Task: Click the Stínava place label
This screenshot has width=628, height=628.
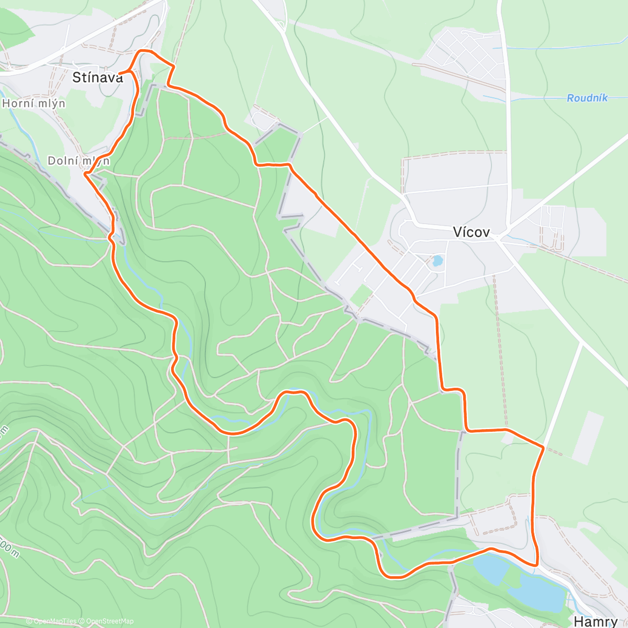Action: pyautogui.click(x=98, y=78)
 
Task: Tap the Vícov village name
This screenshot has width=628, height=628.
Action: pyautogui.click(x=472, y=232)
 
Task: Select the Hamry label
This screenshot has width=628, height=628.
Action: pyautogui.click(x=596, y=621)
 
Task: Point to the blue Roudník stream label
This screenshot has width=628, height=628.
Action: pyautogui.click(x=587, y=98)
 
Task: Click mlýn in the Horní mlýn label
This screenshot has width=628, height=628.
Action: pyautogui.click(x=52, y=104)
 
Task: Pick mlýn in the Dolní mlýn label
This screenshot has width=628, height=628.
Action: pyautogui.click(x=96, y=161)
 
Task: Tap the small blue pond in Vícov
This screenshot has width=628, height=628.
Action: pyautogui.click(x=437, y=260)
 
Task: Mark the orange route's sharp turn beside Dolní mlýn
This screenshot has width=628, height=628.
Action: pyautogui.click(x=85, y=174)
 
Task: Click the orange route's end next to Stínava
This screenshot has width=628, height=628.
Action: pyautogui.click(x=120, y=73)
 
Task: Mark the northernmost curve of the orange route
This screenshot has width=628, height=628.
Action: pyautogui.click(x=144, y=51)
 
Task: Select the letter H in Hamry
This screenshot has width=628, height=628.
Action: pyautogui.click(x=579, y=621)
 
